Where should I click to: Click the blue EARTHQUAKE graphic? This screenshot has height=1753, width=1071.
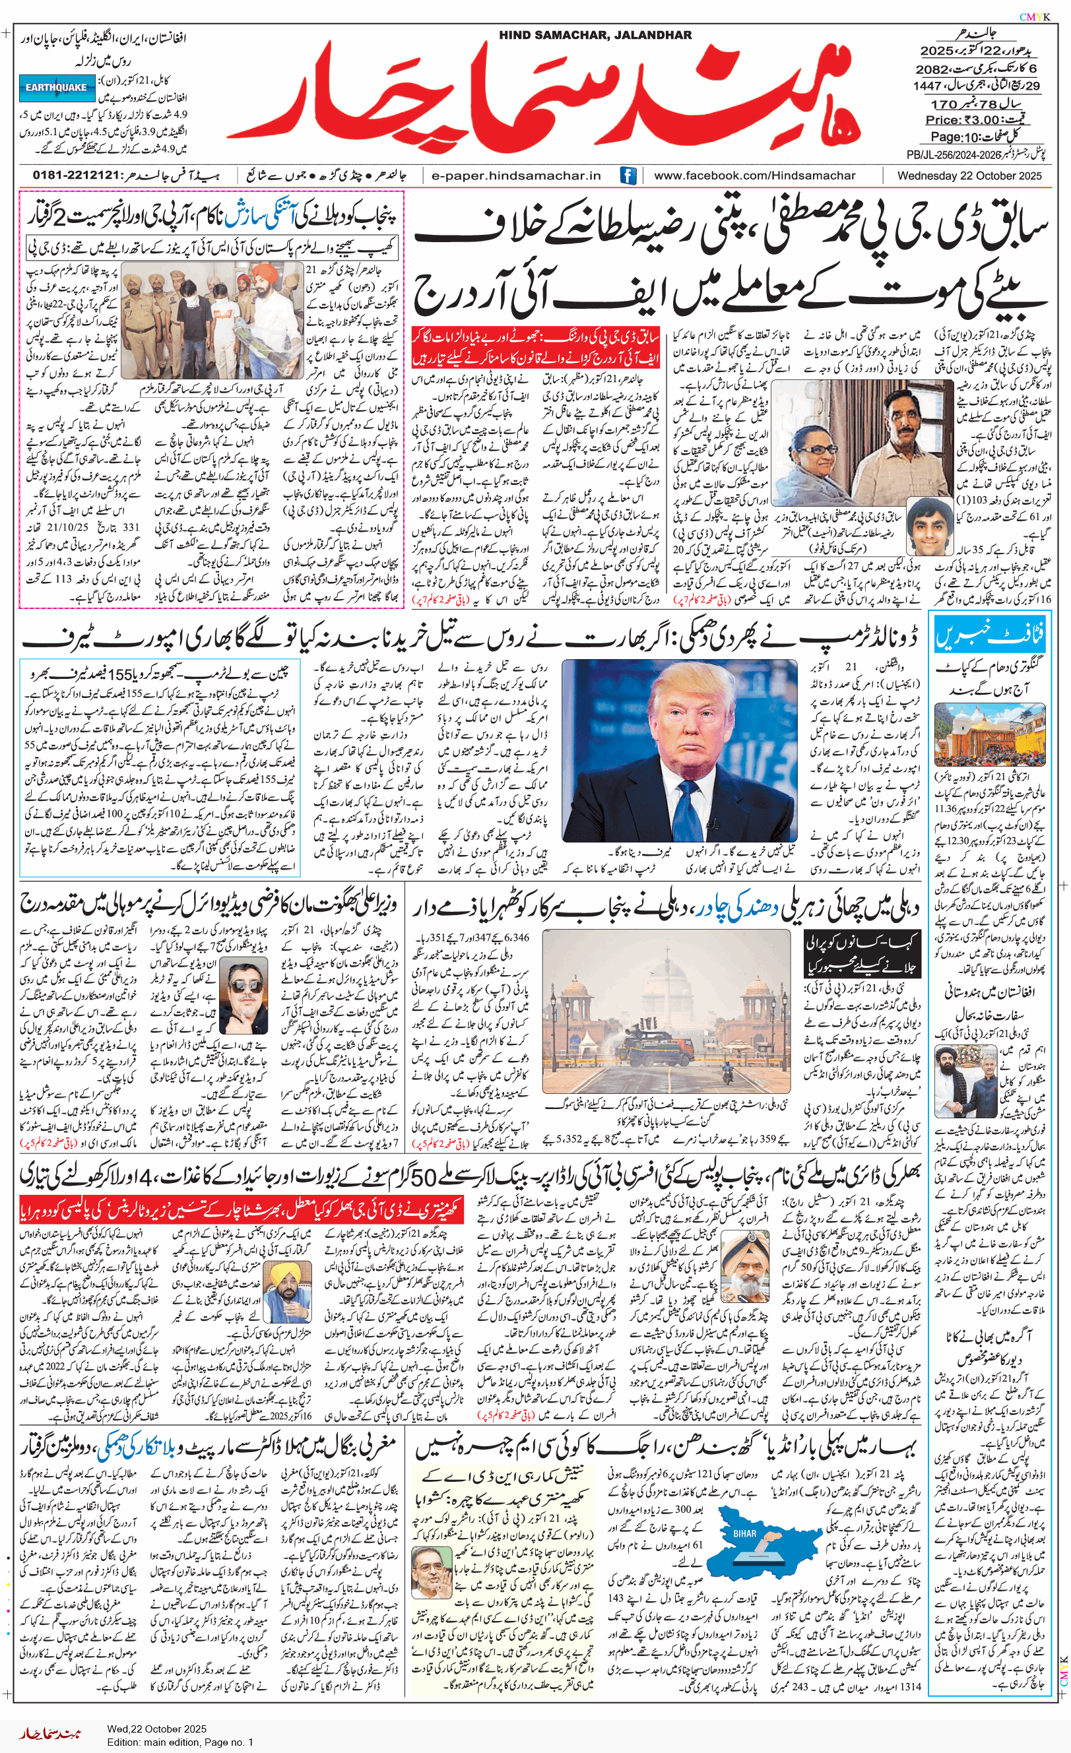pyautogui.click(x=56, y=87)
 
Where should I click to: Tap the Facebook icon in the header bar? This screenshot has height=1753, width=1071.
pyautogui.click(x=628, y=175)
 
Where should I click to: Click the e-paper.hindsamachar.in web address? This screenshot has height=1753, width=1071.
pyautogui.click(x=516, y=175)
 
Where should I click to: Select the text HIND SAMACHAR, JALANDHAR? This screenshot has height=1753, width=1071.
pyautogui.click(x=595, y=35)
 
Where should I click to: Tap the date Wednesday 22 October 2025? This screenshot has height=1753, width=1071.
pyautogui.click(x=969, y=175)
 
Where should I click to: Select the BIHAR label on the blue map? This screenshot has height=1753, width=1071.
pyautogui.click(x=744, y=1534)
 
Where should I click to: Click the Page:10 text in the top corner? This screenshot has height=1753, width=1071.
pyautogui.click(x=954, y=137)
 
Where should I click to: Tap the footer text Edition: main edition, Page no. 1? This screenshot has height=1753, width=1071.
pyautogui.click(x=180, y=1742)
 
